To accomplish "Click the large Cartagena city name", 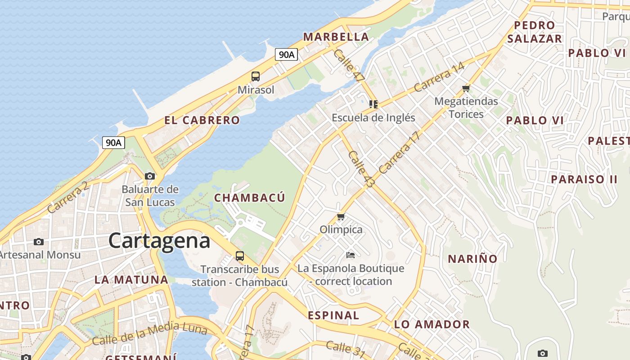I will pos(159,241).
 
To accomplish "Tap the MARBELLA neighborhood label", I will pos(336,37).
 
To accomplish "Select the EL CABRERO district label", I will pos(202,120).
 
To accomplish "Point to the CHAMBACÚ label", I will pos(249,198).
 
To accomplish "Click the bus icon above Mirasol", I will pos(256,76).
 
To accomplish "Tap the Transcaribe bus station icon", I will pos(240,256).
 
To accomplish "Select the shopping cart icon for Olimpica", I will pos(341,217).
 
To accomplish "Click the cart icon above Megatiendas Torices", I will pos(466,88).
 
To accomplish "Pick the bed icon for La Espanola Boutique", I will pos(351,255).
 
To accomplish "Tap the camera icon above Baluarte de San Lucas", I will pos(150,176).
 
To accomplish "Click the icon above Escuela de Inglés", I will pos(373,104).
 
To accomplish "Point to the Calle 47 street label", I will pos(349,66).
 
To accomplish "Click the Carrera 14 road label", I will pos(439,77).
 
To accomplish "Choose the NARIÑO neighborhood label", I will pos(472,259).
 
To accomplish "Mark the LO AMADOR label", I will pos(432,324).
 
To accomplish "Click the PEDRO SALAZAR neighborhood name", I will pos(534,32).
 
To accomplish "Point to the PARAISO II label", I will pos(584,179).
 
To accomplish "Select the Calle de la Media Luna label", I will pos(149,334).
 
